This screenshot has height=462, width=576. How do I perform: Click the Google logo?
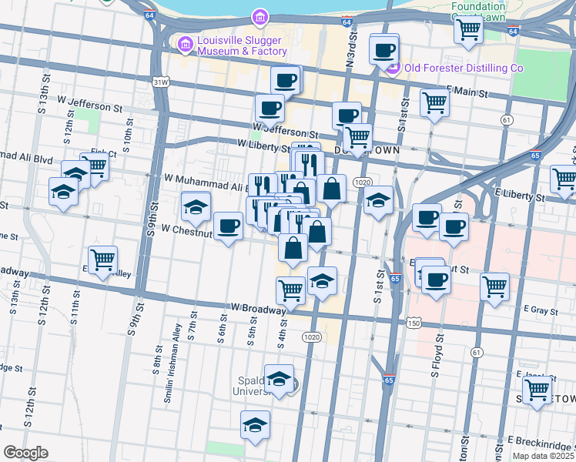tap(25, 453)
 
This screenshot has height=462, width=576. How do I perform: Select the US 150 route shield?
tap(414, 323)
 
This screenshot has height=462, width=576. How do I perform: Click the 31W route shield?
tap(160, 81)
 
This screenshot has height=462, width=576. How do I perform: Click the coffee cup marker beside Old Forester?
tap(383, 52)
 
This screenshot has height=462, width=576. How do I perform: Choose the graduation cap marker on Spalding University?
tap(280, 379)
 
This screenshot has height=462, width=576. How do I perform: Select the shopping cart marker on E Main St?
tap(434, 102)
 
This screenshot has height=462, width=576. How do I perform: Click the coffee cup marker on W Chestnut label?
tap(228, 226)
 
